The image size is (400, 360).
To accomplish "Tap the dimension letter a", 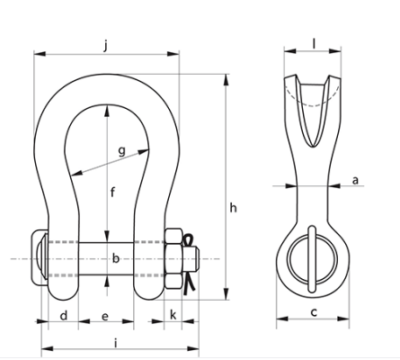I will [355, 180].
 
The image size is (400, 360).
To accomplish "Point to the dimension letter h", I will [233, 208].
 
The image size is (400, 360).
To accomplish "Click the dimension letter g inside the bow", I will [121, 150].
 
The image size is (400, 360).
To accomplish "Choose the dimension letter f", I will [112, 191].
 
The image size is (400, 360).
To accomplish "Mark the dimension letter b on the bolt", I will [115, 258].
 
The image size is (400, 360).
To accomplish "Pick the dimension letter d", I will [63, 317].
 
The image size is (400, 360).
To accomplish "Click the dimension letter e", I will [105, 317].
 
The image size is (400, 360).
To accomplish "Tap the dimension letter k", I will [173, 317].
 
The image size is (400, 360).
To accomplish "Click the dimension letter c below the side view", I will [313, 312].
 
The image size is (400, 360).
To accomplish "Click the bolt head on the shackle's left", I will [39, 259].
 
